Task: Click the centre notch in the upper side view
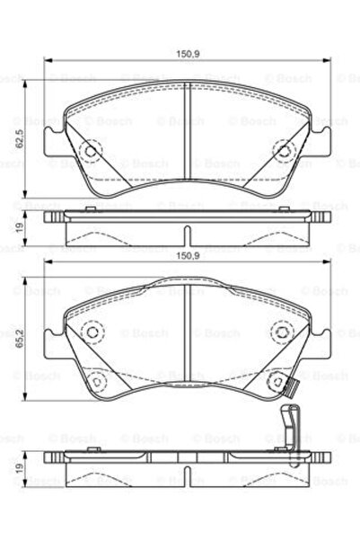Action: (187, 235)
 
